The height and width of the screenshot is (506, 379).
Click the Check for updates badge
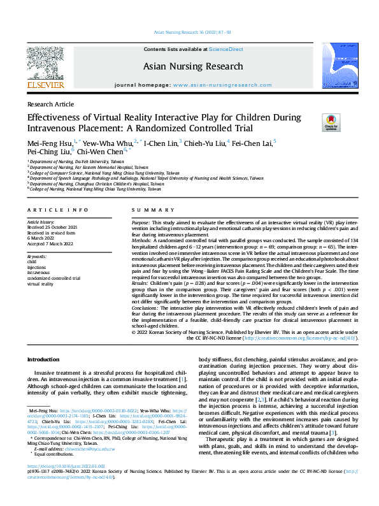(x=331, y=122)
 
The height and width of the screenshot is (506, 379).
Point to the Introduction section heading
(x=43, y=359)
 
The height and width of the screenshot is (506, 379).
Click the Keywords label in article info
(x=37, y=256)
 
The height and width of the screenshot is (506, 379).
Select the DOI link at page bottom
(x=66, y=484)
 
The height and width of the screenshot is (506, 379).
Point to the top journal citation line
(x=189, y=32)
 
